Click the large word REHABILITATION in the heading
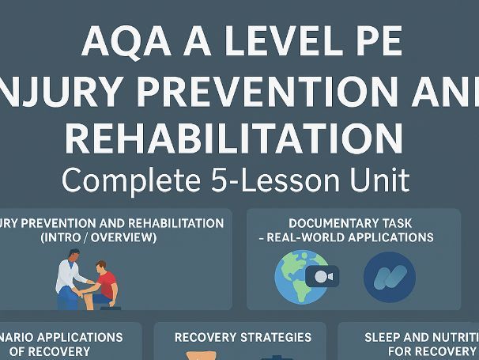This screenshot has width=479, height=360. coord(234,136)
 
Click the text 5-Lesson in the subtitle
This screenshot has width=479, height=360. coord(277,180)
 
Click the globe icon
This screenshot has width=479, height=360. coord(299,276)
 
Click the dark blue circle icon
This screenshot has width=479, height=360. coord(390,276)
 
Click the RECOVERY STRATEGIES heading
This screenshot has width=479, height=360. coord(243,338)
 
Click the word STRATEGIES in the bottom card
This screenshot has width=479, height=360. coord(274,338)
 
